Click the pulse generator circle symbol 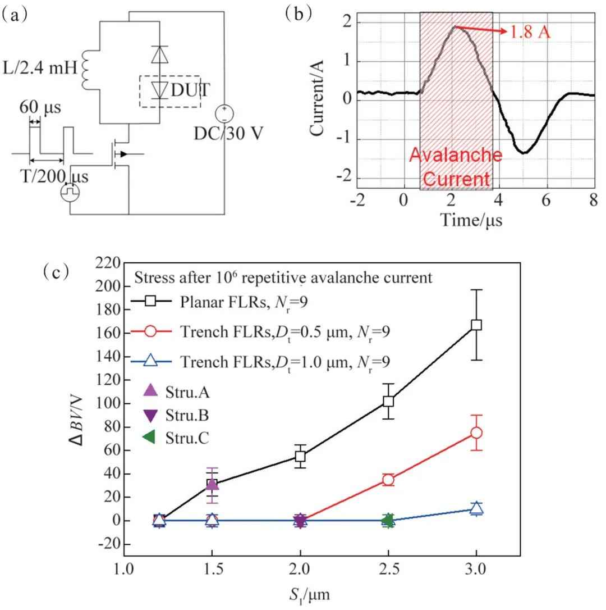click(70, 192)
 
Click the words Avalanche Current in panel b click(456, 167)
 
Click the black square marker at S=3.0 click(476, 325)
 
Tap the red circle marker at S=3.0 click(476, 433)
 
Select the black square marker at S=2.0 click(300, 456)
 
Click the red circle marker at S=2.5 click(388, 479)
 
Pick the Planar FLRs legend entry click(219, 302)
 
